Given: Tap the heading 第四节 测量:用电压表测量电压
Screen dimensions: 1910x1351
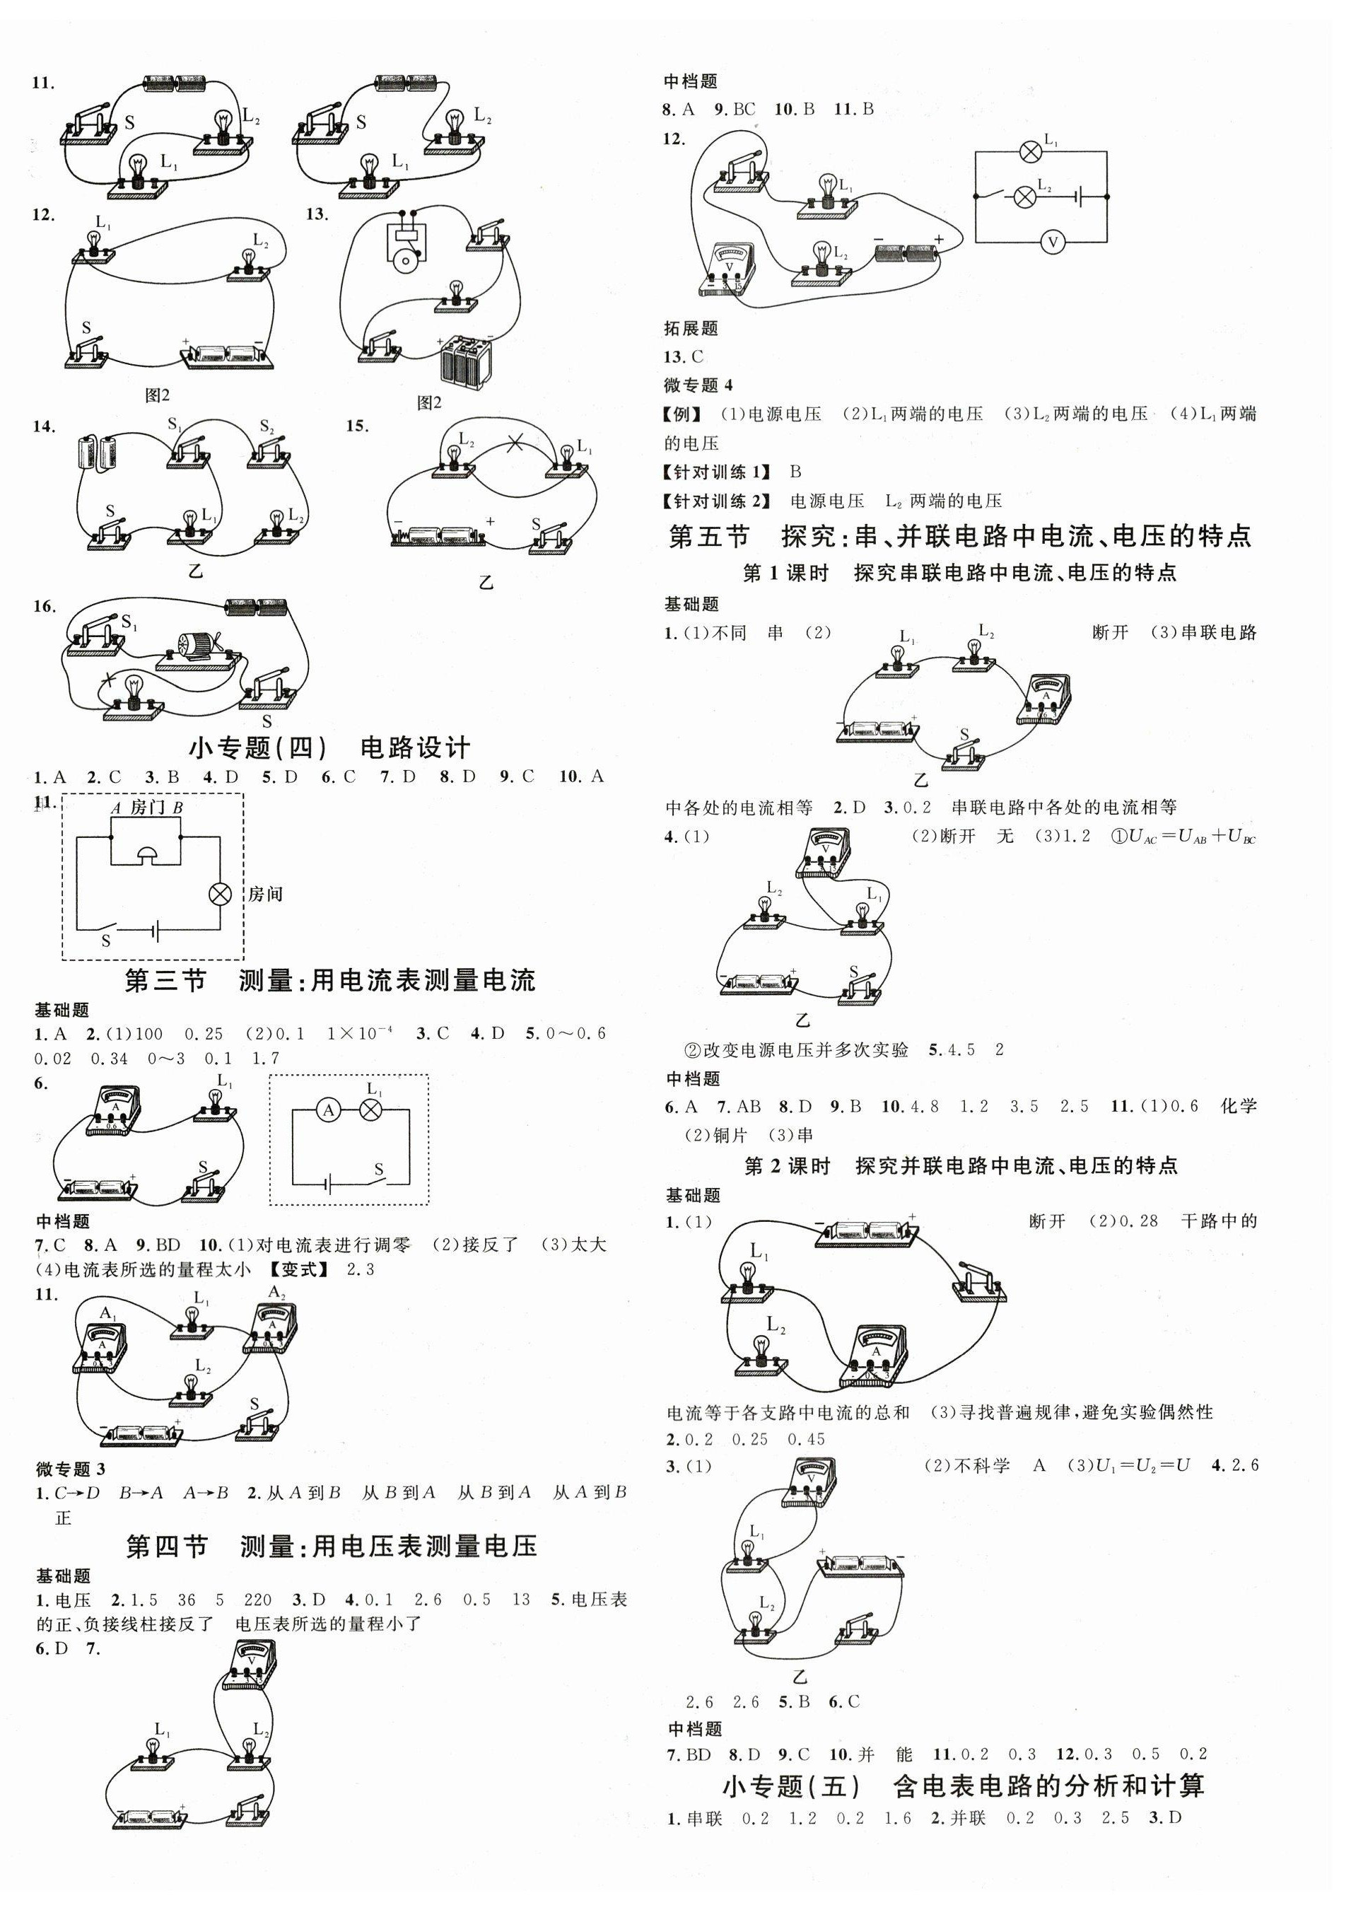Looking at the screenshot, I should pyautogui.click(x=331, y=1547).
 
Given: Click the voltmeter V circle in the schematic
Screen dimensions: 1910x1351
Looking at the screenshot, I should pyautogui.click(x=1053, y=242).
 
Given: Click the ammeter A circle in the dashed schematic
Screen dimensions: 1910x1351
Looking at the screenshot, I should pyautogui.click(x=329, y=1110).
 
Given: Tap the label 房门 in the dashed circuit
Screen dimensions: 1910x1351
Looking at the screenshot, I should pyautogui.click(x=147, y=807).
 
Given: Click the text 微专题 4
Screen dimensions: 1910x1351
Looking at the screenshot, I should pyautogui.click(x=698, y=385).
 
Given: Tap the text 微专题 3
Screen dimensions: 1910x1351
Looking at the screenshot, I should pyautogui.click(x=71, y=1469).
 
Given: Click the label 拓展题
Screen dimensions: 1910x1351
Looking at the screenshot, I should pyautogui.click(x=691, y=329).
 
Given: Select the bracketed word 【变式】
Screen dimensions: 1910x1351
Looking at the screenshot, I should pyautogui.click(x=298, y=1269).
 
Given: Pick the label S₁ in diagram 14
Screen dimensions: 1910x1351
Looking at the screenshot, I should pyautogui.click(x=175, y=426).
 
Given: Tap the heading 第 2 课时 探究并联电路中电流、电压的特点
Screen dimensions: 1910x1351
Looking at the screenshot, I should pyautogui.click(x=961, y=1166).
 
